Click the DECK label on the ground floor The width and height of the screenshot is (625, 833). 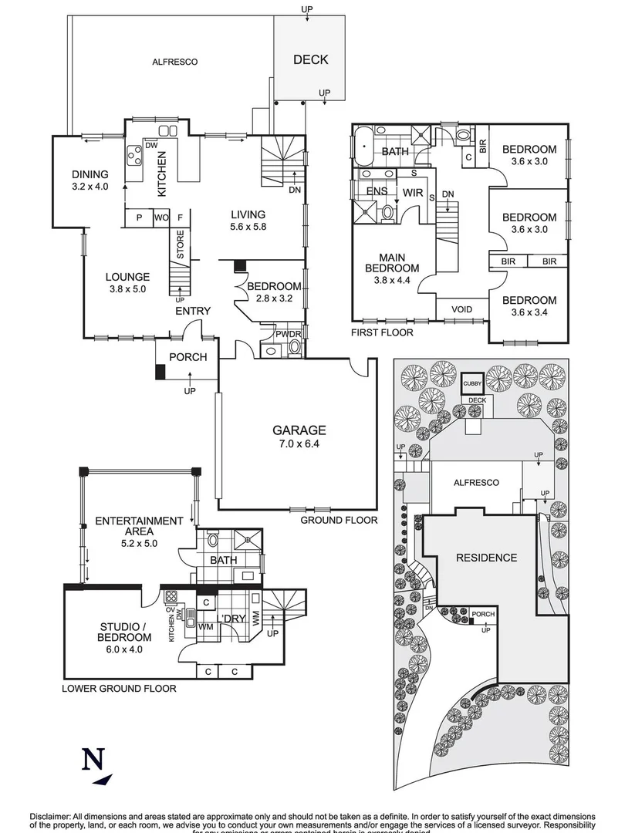(x=310, y=59)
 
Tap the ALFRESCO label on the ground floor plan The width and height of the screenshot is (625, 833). (x=171, y=61)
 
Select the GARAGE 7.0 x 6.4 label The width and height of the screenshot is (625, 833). (x=299, y=437)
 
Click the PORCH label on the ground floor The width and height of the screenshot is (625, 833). (x=187, y=357)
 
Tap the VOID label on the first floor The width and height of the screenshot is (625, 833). (x=461, y=309)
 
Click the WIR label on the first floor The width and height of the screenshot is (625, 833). (x=413, y=192)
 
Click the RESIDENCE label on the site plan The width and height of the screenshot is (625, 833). (x=485, y=557)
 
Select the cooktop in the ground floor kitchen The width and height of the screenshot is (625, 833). (x=134, y=157)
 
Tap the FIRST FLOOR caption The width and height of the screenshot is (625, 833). (x=383, y=332)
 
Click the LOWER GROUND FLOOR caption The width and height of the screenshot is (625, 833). (x=119, y=689)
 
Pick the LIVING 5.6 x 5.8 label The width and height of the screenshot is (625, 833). (x=247, y=221)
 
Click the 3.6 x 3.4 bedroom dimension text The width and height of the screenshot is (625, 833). (x=529, y=314)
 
